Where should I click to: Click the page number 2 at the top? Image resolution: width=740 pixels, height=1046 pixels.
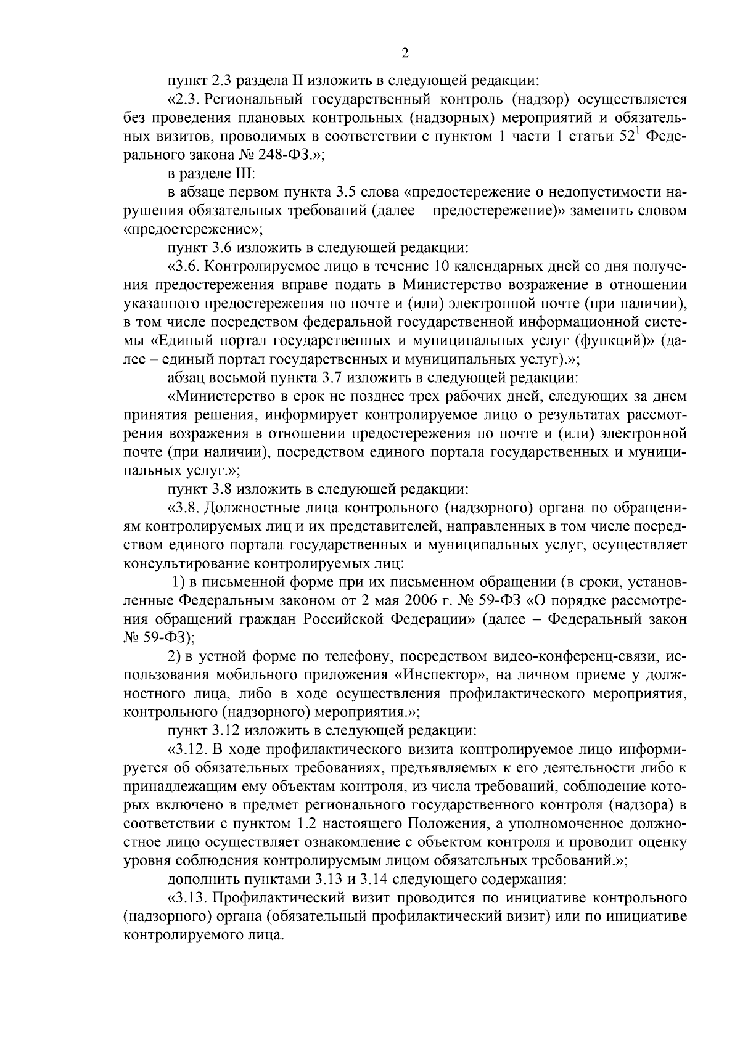(405, 54)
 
